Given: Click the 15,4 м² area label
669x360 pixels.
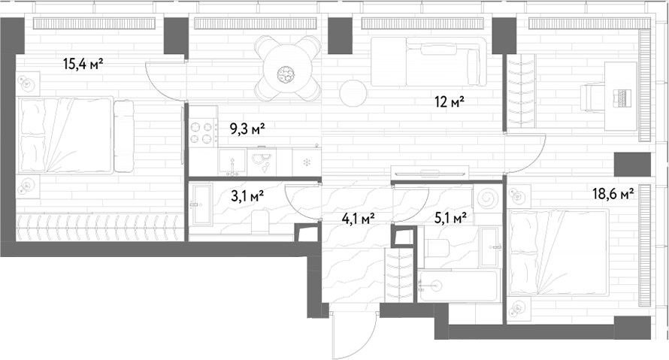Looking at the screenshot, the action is tap(83, 65).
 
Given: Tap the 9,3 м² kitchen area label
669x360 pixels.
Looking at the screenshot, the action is tap(248, 128).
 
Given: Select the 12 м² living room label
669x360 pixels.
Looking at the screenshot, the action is tap(450, 102).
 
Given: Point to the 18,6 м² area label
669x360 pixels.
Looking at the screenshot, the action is tap(613, 194).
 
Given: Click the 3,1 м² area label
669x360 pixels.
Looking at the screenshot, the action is tap(247, 196).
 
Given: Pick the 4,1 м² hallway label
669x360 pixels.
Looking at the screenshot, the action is tap(359, 219).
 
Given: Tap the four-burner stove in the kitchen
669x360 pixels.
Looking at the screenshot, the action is tap(201, 133).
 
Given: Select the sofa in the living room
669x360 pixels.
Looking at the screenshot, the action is tap(428, 62).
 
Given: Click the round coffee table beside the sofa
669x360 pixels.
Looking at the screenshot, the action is tap(353, 93).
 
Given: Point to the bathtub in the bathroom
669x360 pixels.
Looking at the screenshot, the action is tap(459, 286).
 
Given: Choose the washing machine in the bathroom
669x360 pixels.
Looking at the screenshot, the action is tap(487, 198).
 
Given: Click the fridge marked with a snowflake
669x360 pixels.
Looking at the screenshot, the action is tap(307, 162).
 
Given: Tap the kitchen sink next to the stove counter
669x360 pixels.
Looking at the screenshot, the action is tap(232, 162).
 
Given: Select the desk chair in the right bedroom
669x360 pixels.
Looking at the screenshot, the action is tap(598, 98).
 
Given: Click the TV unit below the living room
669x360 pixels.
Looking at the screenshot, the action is tap(430, 173).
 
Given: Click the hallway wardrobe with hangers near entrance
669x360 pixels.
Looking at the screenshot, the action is tap(399, 274).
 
